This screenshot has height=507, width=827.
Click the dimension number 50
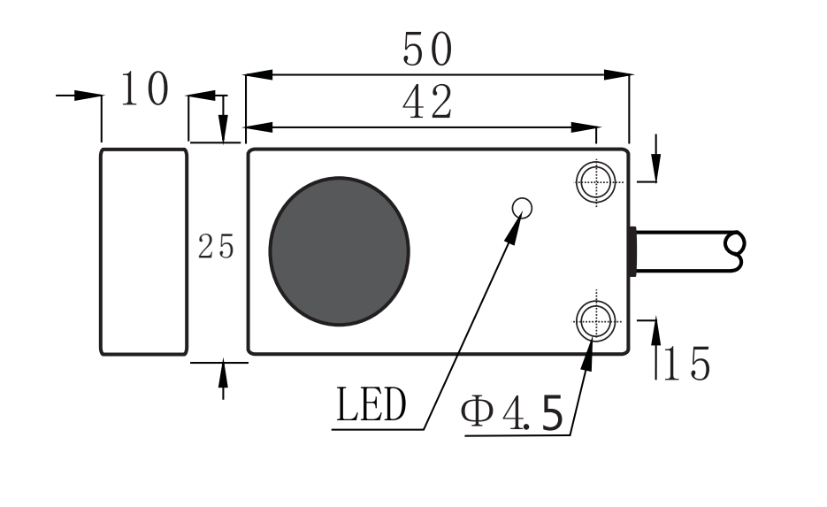tap(427, 50)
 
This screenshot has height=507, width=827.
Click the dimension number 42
tap(427, 103)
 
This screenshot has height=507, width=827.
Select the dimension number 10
tap(143, 90)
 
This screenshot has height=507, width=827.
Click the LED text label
tap(371, 406)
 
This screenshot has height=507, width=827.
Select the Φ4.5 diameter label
tap(512, 414)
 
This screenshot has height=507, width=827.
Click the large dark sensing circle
tap(340, 250)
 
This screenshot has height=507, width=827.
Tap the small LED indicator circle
tap(523, 208)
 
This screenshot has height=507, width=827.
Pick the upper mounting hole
tap(595, 182)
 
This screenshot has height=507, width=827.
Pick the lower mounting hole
tap(595, 319)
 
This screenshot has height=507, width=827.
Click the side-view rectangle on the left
tap(143, 251)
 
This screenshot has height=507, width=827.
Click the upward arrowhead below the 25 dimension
tap(222, 372)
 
